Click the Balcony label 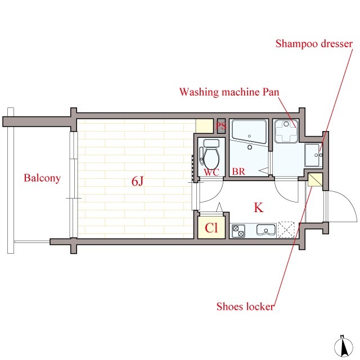pos(42,178)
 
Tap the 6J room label pos(137,181)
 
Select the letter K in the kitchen pos(259,208)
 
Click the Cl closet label pos(211,228)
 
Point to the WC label pos(211,173)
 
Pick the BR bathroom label pos(238,172)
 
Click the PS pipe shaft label pos(221,126)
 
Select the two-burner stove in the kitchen pos(238,231)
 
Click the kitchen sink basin pos(266,230)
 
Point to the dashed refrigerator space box pos(286,229)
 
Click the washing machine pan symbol pos(286,131)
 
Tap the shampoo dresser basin pos(313,155)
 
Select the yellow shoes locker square pos(315,180)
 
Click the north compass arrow pos(343,347)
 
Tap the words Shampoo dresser pos(314,44)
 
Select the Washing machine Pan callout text pos(229,92)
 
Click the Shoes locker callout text pos(245,307)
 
